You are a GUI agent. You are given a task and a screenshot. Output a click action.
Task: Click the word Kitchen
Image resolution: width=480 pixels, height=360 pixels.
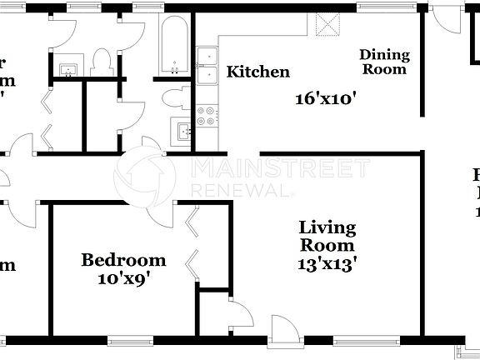258,72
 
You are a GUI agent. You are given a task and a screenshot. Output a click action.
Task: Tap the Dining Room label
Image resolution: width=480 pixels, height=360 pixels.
384,62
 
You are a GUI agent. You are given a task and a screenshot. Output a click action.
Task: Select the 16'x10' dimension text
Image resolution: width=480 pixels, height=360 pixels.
326,97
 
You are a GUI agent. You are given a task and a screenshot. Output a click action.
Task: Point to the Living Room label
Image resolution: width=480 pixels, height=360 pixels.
327,236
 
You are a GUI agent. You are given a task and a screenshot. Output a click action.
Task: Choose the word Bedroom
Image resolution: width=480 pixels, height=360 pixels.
122,261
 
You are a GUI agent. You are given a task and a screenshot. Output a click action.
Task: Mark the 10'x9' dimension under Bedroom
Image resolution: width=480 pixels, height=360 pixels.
122,279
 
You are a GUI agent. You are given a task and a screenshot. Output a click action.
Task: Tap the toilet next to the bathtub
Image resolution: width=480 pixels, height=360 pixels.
176,97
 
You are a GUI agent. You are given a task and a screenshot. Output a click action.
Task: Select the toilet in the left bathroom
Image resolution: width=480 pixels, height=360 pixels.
101,63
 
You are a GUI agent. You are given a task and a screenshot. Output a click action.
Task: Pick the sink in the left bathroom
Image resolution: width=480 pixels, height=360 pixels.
66,69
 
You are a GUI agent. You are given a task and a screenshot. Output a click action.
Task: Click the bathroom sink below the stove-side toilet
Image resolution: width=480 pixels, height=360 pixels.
182,129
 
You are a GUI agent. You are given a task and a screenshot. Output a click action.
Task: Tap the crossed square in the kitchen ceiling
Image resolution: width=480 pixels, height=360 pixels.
329,25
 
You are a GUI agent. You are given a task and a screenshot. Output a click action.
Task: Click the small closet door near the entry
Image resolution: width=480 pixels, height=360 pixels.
241,315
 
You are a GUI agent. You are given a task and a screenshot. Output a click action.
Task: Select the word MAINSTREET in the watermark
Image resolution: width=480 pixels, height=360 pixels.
280,168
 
